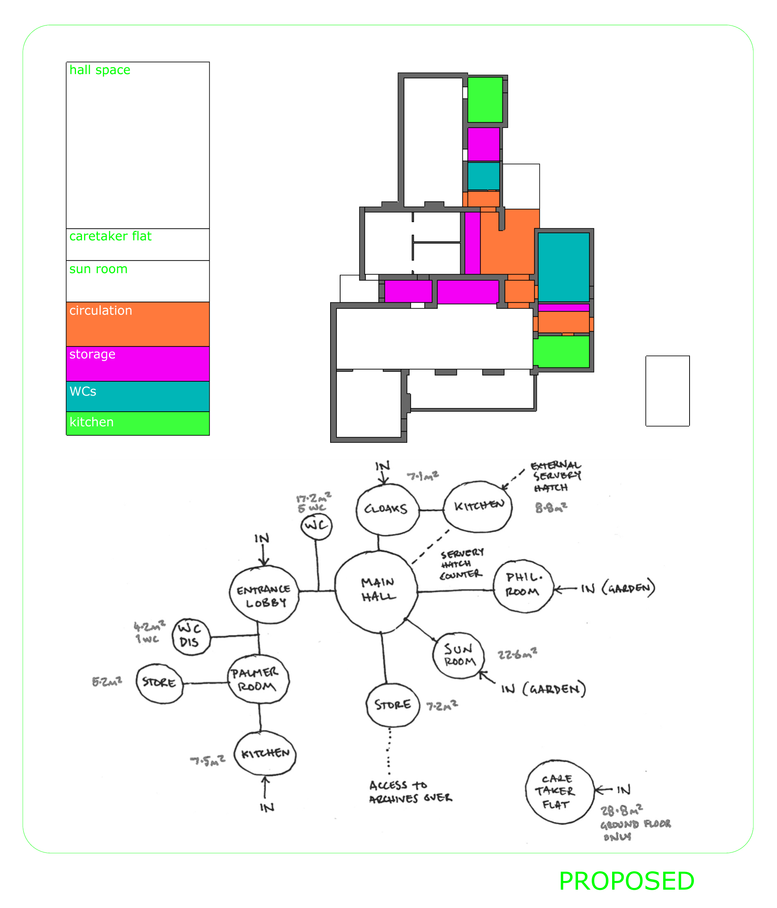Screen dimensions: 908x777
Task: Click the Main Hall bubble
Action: point(376,591)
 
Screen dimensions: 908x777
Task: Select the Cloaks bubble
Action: point(387,509)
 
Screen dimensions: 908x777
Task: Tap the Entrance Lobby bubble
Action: point(264,595)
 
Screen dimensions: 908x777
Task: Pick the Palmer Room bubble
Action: point(258,679)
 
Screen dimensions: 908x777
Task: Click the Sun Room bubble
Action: point(458,655)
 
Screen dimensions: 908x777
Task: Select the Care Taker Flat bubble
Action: point(559,791)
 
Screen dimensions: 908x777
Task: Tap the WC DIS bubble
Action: point(190,636)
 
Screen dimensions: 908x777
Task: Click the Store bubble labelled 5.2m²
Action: point(159,683)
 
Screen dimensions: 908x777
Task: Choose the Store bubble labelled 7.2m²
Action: point(392,705)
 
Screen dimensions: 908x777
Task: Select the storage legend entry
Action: point(137,363)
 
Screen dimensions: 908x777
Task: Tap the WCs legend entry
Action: point(137,396)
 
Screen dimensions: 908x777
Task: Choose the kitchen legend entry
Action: point(137,423)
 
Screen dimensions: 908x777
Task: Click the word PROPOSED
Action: point(626,881)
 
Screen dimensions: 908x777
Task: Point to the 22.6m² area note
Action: point(517,654)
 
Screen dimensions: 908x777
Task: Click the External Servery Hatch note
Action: point(555,476)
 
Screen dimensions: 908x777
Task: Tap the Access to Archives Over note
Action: point(410,791)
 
